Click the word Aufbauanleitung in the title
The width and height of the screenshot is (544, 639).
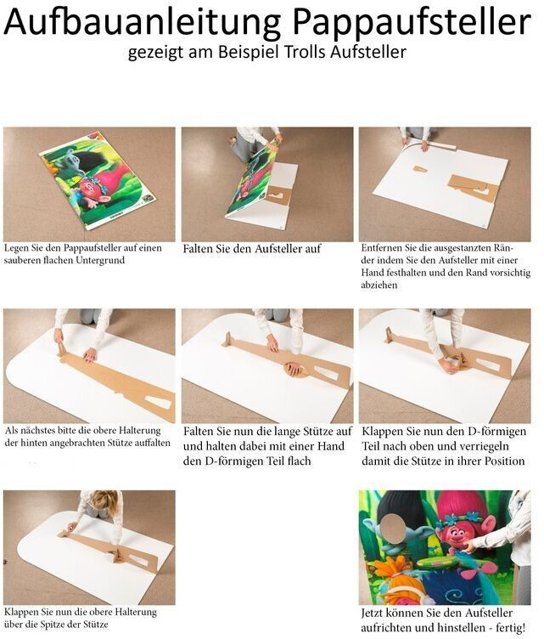(x=142, y=21)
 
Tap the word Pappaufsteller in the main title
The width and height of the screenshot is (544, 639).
(x=412, y=23)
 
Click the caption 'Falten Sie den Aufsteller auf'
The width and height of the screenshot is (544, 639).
(x=252, y=249)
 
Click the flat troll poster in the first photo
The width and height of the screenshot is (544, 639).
(x=98, y=180)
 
